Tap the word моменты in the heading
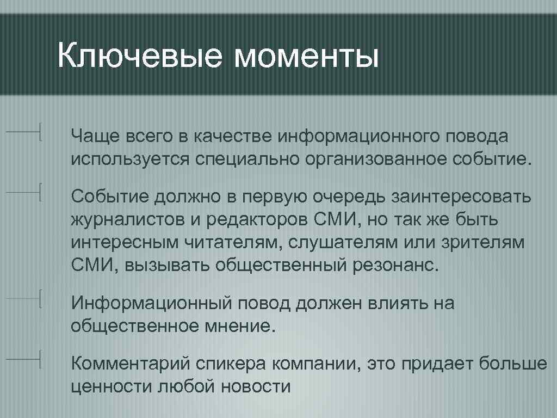click(306, 57)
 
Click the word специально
click(252, 159)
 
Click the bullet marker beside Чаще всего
click(41, 132)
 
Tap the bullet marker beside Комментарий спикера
click(41, 359)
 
